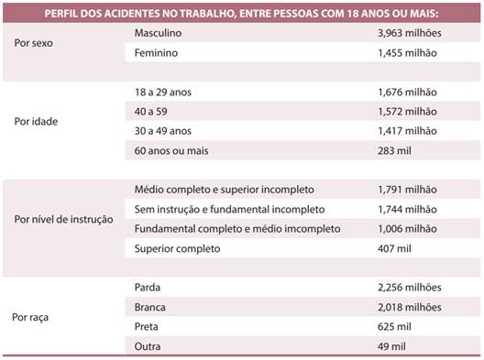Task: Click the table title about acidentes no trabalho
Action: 241,13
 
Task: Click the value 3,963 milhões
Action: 408,33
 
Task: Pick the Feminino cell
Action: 157,53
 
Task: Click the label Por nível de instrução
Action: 64,219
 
